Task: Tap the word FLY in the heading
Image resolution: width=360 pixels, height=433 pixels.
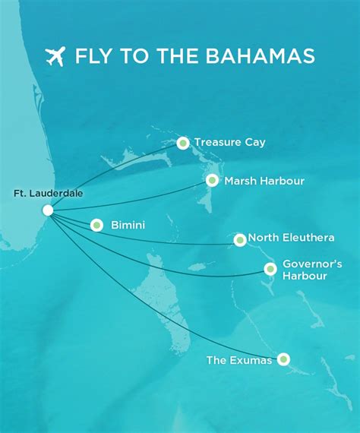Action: click(93, 57)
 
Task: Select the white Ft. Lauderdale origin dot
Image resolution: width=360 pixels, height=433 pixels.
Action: click(48, 210)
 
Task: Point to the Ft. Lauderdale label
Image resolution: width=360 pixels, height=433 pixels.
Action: click(49, 194)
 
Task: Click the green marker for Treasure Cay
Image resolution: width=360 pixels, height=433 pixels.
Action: click(182, 143)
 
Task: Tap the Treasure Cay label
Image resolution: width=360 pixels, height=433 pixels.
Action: click(229, 142)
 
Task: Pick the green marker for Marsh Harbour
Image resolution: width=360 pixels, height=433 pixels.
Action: click(212, 181)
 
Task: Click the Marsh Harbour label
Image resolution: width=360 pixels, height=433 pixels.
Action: click(264, 181)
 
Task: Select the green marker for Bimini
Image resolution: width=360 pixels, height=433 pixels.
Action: click(96, 225)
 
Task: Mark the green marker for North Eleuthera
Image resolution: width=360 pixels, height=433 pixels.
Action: click(240, 239)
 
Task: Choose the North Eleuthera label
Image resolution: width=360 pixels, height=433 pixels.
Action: click(291, 238)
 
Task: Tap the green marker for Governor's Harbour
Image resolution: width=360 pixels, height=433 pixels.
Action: click(270, 269)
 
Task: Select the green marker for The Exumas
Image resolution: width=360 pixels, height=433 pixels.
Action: click(283, 359)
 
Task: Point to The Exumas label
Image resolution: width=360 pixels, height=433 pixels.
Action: click(239, 360)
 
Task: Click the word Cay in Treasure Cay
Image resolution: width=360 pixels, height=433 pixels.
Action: click(254, 142)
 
